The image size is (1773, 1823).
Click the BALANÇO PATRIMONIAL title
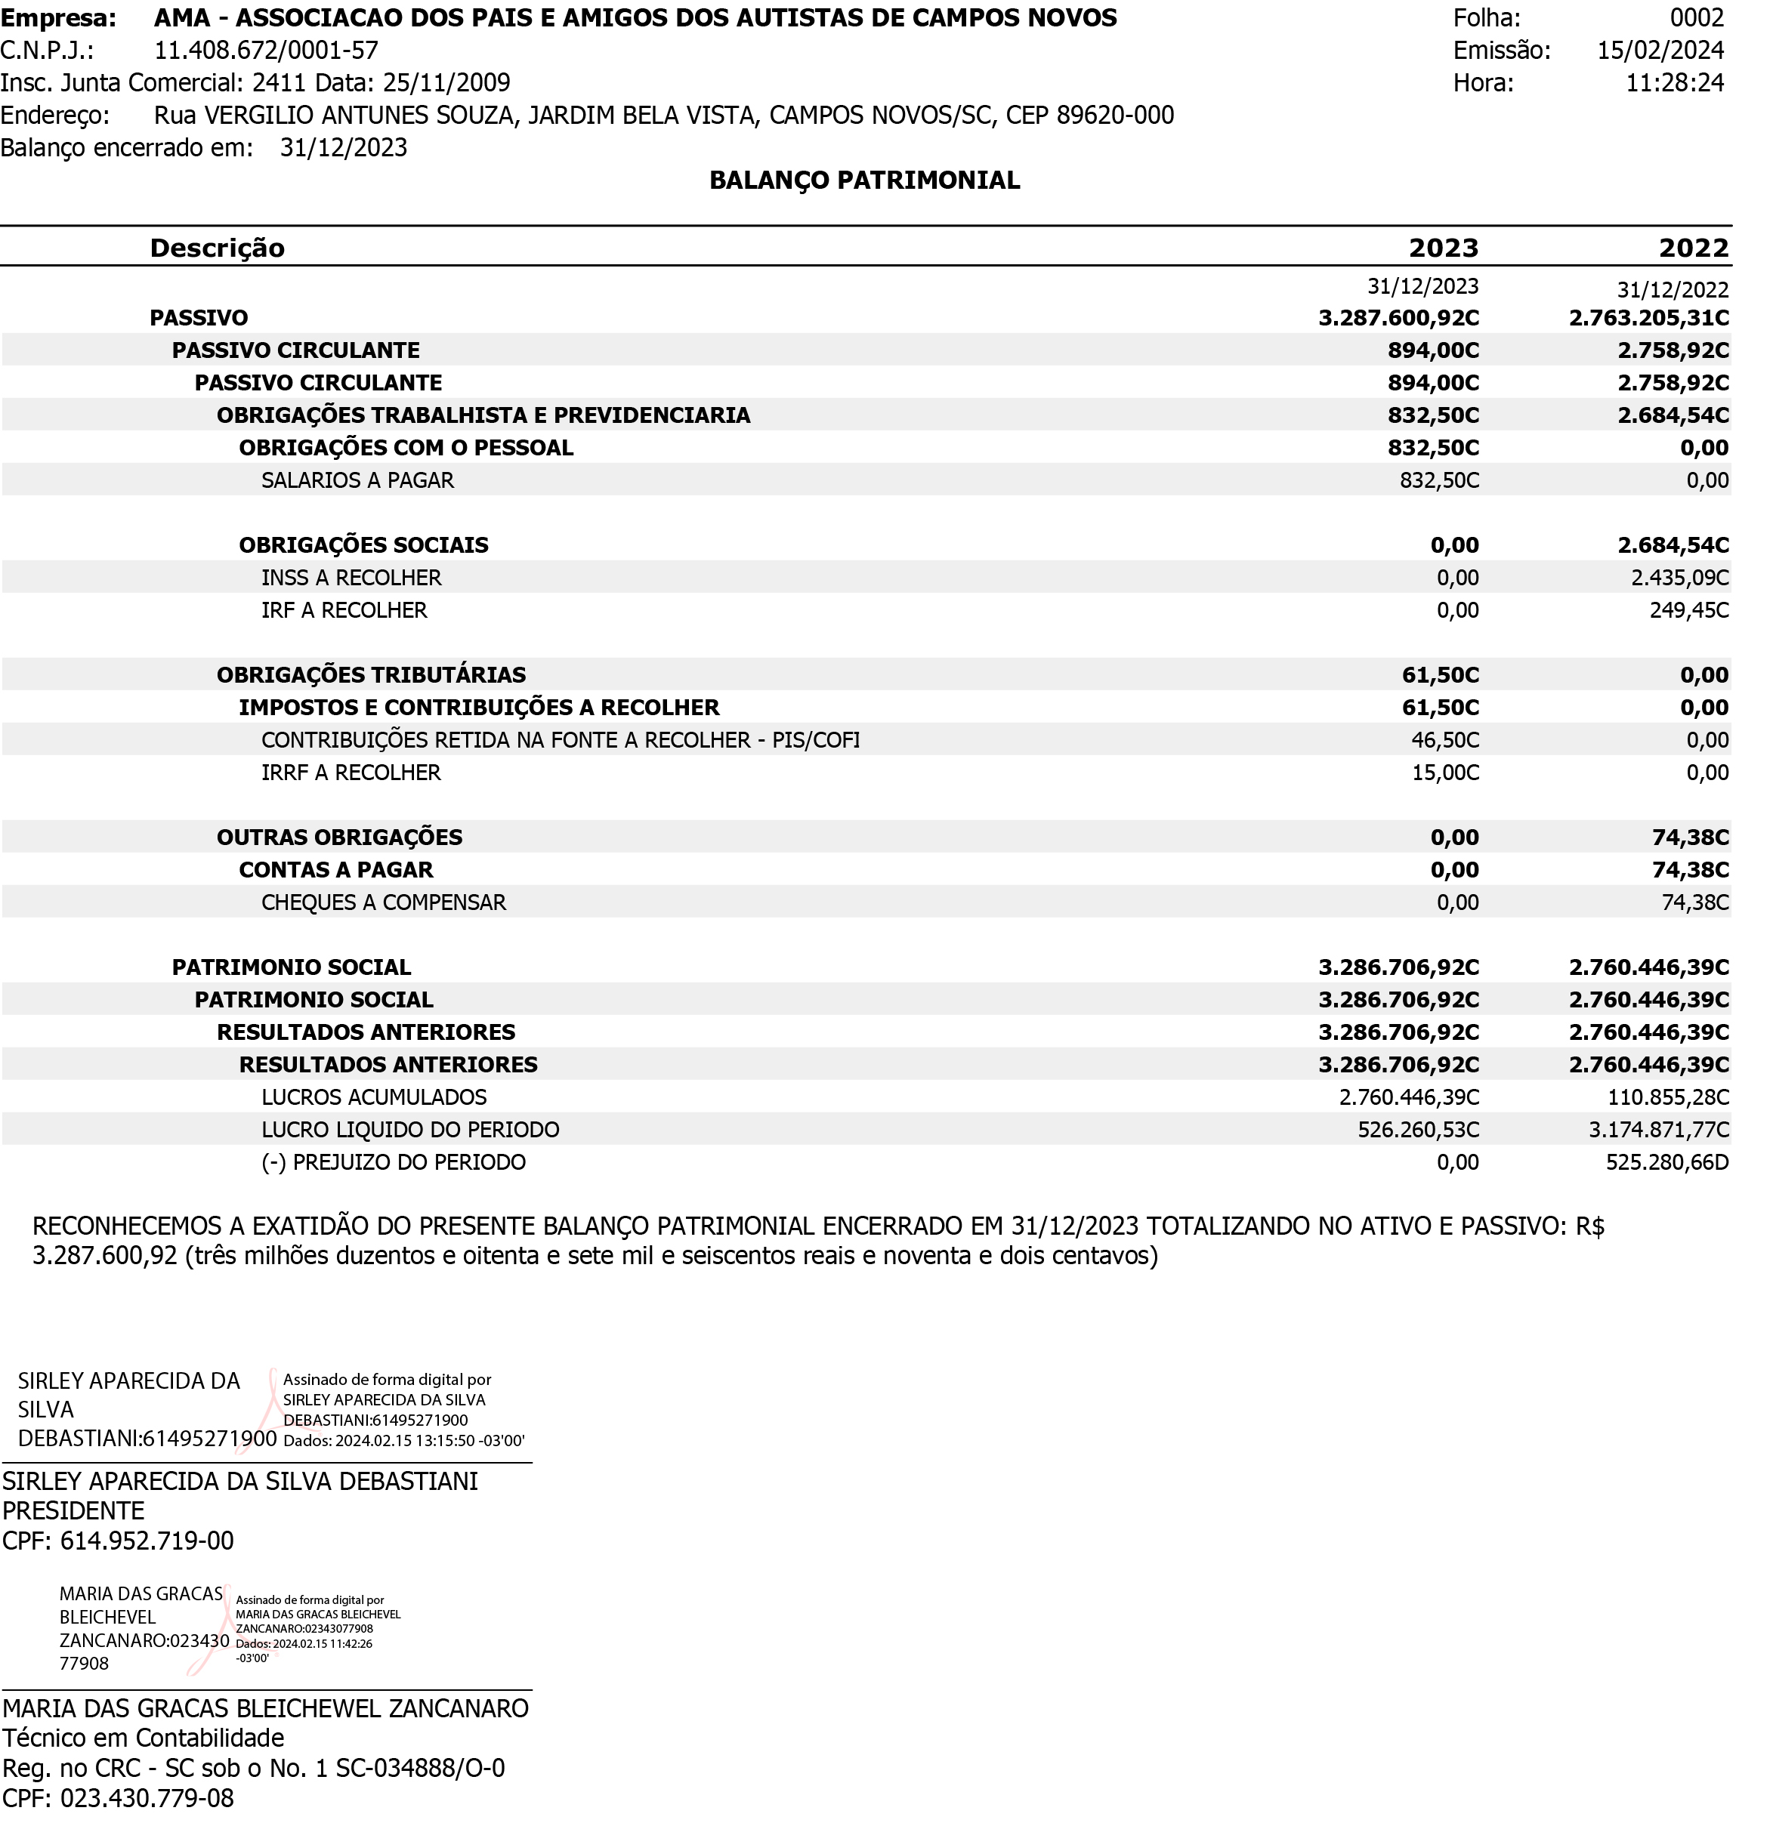point(864,180)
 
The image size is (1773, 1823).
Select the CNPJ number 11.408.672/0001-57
point(267,51)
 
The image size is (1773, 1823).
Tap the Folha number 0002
point(1697,17)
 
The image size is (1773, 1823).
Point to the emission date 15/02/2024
point(1660,51)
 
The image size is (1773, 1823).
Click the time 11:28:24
point(1674,83)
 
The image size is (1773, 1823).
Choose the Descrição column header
point(217,248)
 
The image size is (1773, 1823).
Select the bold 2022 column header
point(1693,248)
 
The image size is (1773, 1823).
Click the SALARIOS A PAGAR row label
point(357,480)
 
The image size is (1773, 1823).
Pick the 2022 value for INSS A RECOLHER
point(1680,578)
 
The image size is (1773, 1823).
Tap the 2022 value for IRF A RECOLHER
point(1689,611)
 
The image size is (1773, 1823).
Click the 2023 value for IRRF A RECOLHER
point(1445,773)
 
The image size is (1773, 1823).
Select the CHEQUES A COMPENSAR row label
point(384,903)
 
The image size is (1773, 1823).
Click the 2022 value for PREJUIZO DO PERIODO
point(1666,1163)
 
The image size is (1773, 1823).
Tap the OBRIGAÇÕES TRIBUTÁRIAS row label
point(371,675)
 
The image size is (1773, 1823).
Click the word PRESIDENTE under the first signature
point(73,1511)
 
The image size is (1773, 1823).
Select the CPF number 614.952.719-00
point(147,1541)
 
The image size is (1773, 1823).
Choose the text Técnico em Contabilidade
point(144,1738)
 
